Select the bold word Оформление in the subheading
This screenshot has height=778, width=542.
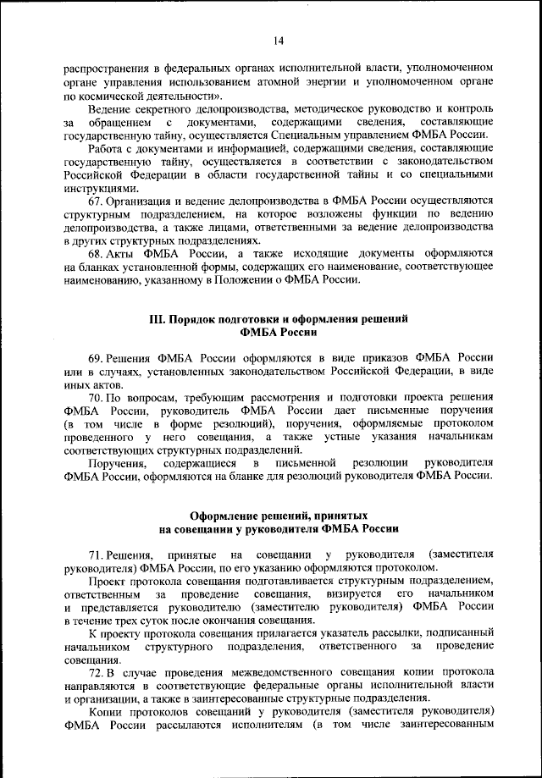click(x=222, y=515)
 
